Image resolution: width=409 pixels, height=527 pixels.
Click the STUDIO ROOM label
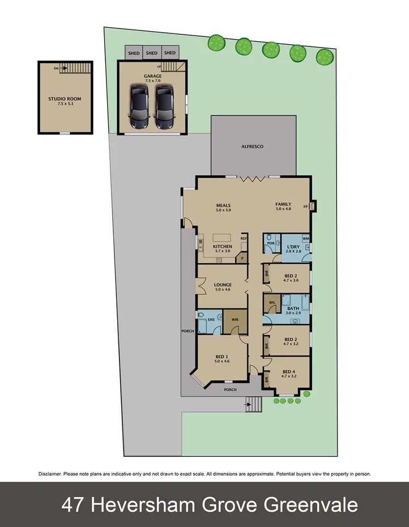[x=65, y=99]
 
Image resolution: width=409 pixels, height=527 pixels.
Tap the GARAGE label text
[x=152, y=75]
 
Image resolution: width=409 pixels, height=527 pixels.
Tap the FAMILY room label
[x=283, y=203]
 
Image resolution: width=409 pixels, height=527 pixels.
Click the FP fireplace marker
[x=305, y=207]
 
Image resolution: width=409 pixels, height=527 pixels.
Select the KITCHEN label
[x=223, y=246]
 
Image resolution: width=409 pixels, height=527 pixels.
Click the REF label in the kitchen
[x=244, y=238]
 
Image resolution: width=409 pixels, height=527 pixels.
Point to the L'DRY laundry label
[x=293, y=247]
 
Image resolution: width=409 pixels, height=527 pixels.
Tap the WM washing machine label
[x=305, y=238]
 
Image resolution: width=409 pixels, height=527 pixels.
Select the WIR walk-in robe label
[x=235, y=321]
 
